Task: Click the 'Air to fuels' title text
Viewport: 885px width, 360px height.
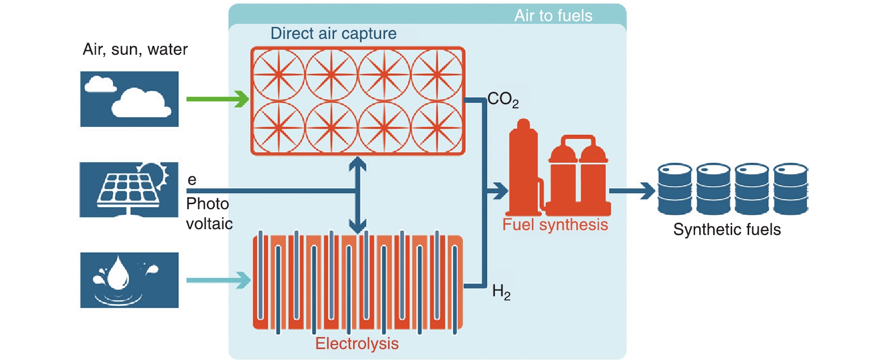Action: (553, 15)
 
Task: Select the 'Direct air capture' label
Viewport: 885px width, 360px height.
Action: (333, 33)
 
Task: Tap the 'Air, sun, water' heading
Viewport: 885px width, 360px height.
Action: (135, 49)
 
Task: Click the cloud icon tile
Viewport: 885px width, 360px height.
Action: (129, 99)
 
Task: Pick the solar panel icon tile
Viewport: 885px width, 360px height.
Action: (129, 190)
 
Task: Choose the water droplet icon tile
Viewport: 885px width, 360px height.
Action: (129, 280)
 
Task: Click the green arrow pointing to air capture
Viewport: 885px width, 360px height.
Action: (218, 99)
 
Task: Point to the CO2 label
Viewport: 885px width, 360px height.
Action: (502, 99)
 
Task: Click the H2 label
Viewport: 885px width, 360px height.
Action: (501, 292)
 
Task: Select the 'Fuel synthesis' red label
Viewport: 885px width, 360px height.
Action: (555, 225)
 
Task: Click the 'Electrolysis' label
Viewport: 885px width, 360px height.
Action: (357, 344)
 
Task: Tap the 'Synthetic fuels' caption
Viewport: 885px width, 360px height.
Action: (727, 230)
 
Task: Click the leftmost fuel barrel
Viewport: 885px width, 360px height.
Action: (675, 189)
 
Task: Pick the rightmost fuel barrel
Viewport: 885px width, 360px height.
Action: (791, 189)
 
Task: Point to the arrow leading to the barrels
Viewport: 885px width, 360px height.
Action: (632, 190)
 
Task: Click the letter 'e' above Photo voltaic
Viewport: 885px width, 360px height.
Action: (192, 180)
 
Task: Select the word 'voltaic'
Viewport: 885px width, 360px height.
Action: (209, 224)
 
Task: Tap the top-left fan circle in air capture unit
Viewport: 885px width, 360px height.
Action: (279, 75)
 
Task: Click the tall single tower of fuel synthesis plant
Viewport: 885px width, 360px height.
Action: (523, 165)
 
